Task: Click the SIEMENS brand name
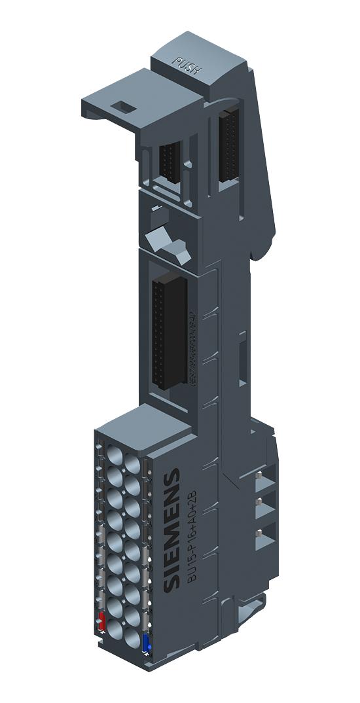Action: click(x=172, y=531)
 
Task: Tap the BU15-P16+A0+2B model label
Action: click(x=190, y=543)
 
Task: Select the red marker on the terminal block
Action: click(x=101, y=622)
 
